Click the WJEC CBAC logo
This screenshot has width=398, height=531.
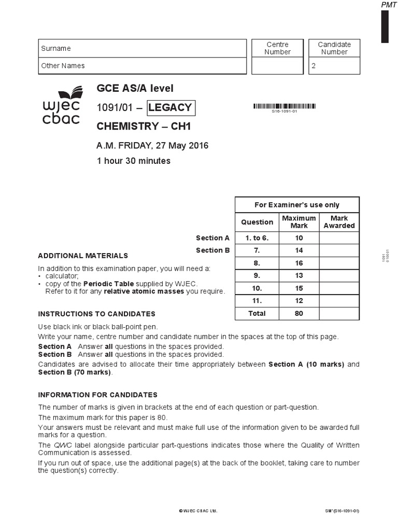(x=61, y=106)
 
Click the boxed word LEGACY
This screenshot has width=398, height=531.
(x=170, y=108)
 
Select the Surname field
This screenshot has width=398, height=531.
(x=143, y=48)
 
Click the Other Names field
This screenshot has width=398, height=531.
(x=143, y=66)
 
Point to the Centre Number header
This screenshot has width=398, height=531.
(x=277, y=48)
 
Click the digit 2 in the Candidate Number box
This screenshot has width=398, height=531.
(x=313, y=66)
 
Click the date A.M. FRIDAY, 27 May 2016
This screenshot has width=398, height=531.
(x=152, y=146)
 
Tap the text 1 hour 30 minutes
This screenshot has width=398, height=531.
(x=134, y=161)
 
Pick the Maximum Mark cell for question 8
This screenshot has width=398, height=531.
(x=299, y=263)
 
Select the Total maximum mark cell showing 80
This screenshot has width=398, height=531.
(x=299, y=313)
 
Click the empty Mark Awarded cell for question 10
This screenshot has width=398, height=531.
(x=339, y=288)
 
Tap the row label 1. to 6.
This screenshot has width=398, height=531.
(x=257, y=238)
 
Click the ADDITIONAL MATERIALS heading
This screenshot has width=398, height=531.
(x=83, y=256)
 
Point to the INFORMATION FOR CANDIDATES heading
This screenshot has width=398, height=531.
(x=97, y=395)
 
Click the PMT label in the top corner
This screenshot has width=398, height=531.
(x=388, y=5)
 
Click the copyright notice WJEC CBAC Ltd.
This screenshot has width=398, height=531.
(x=198, y=511)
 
